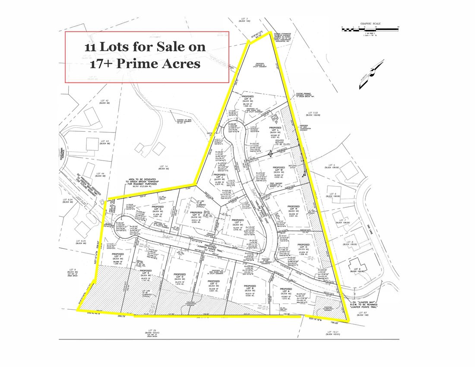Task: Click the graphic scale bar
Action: point(367,29)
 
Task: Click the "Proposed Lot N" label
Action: point(294,208)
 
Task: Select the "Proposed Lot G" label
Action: point(158,208)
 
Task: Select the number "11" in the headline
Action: point(92,47)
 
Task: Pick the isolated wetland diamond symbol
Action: point(269,153)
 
